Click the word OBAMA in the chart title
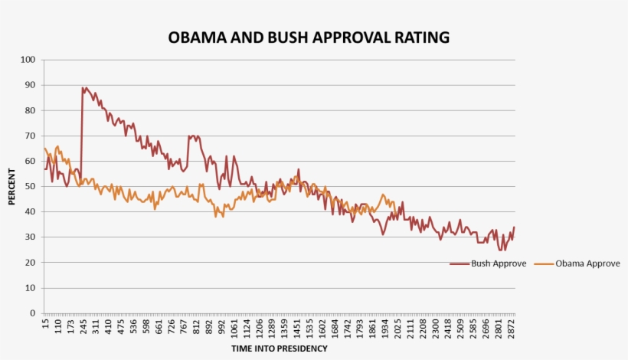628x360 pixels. [x=197, y=38]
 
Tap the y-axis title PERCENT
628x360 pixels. [x=12, y=186]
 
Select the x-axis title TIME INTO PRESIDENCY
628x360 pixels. [x=280, y=349]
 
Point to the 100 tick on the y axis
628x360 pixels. [x=28, y=60]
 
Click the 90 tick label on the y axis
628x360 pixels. [x=31, y=85]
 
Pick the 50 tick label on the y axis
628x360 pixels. [x=31, y=186]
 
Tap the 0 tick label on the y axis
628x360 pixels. [x=33, y=313]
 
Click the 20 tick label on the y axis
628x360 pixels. [x=31, y=263]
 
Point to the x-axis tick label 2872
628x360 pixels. [x=512, y=327]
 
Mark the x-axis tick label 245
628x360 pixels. [x=83, y=327]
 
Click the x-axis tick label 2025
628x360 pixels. [x=398, y=327]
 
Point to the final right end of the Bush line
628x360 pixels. [x=514, y=227]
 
